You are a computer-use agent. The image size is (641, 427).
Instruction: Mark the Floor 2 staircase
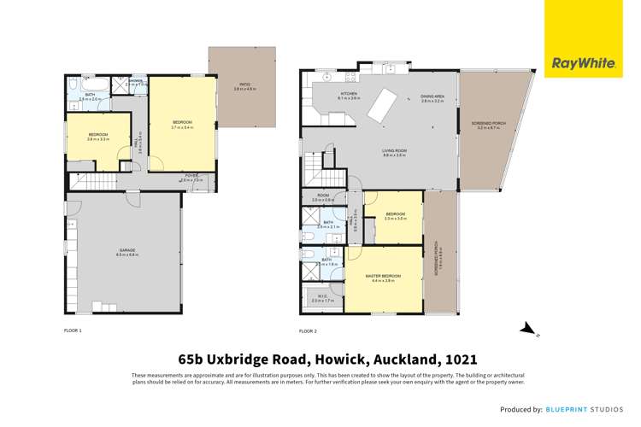tap(318, 162)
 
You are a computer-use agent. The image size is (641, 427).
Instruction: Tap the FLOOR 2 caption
tap(308, 330)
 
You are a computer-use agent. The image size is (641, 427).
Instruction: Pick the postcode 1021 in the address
tap(458, 360)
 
